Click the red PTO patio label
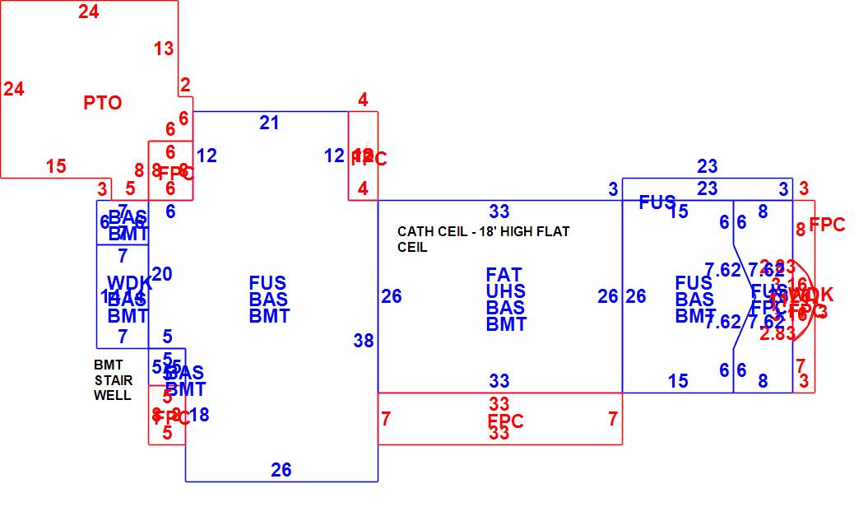pyautogui.click(x=103, y=103)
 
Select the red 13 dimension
pyautogui.click(x=164, y=49)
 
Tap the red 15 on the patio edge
pyautogui.click(x=56, y=166)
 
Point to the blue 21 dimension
pyautogui.click(x=269, y=123)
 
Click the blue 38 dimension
pyautogui.click(x=363, y=341)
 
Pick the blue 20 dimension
pyautogui.click(x=162, y=274)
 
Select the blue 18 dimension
pyautogui.click(x=199, y=415)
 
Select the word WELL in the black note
pyautogui.click(x=111, y=394)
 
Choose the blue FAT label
pyautogui.click(x=504, y=275)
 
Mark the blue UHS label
pyautogui.click(x=505, y=291)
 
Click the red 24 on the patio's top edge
pyautogui.click(x=89, y=12)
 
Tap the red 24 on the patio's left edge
pyautogui.click(x=14, y=89)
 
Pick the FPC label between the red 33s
pyautogui.click(x=504, y=421)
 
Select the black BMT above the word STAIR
pyautogui.click(x=108, y=365)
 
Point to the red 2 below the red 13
pyautogui.click(x=185, y=85)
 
